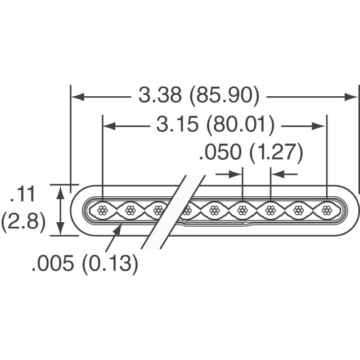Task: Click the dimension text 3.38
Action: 160,95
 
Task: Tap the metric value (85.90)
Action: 224,96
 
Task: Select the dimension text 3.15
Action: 177,124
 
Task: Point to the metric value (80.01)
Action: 240,125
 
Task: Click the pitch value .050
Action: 220,152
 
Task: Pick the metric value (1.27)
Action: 276,152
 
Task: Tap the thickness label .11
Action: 23,194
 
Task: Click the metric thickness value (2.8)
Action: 23,222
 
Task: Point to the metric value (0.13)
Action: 110,264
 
